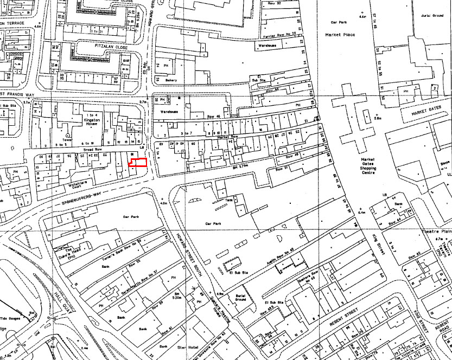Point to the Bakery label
pyautogui.click(x=171, y=80)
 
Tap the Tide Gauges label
pyautogui.click(x=9, y=318)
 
